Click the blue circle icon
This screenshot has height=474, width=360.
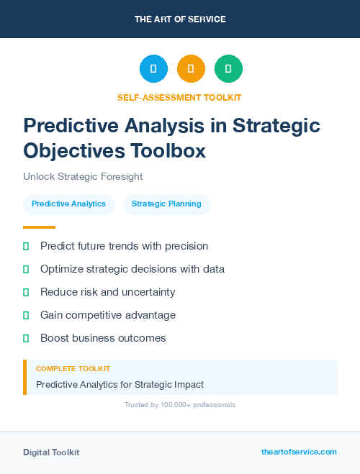pos(153,69)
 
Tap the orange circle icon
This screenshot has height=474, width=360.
pos(191,69)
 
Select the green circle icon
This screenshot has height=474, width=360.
pos(228,69)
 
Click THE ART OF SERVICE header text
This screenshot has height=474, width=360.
pos(180,19)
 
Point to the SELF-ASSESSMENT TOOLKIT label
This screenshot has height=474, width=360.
pos(179,97)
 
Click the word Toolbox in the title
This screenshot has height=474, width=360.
pos(167,151)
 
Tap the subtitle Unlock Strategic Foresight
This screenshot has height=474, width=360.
pos(83,176)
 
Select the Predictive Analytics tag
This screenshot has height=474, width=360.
pos(68,204)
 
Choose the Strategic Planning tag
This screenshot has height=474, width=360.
pos(166,204)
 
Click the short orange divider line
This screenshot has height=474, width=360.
pos(39,227)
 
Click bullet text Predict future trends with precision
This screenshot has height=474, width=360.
pos(124,246)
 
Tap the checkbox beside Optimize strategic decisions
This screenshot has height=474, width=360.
pos(26,269)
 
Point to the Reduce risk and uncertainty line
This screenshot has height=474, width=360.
pos(107,292)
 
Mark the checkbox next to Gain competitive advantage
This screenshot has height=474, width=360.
pos(26,315)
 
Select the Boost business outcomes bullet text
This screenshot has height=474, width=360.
pos(103,338)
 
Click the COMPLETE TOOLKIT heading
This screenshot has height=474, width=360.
pos(73,368)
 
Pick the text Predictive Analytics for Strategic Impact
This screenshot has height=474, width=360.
pos(120,384)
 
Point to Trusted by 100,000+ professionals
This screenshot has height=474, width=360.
pos(179,405)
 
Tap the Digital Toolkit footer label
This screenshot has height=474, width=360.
pos(51,452)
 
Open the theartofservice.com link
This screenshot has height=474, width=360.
pos(299,452)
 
